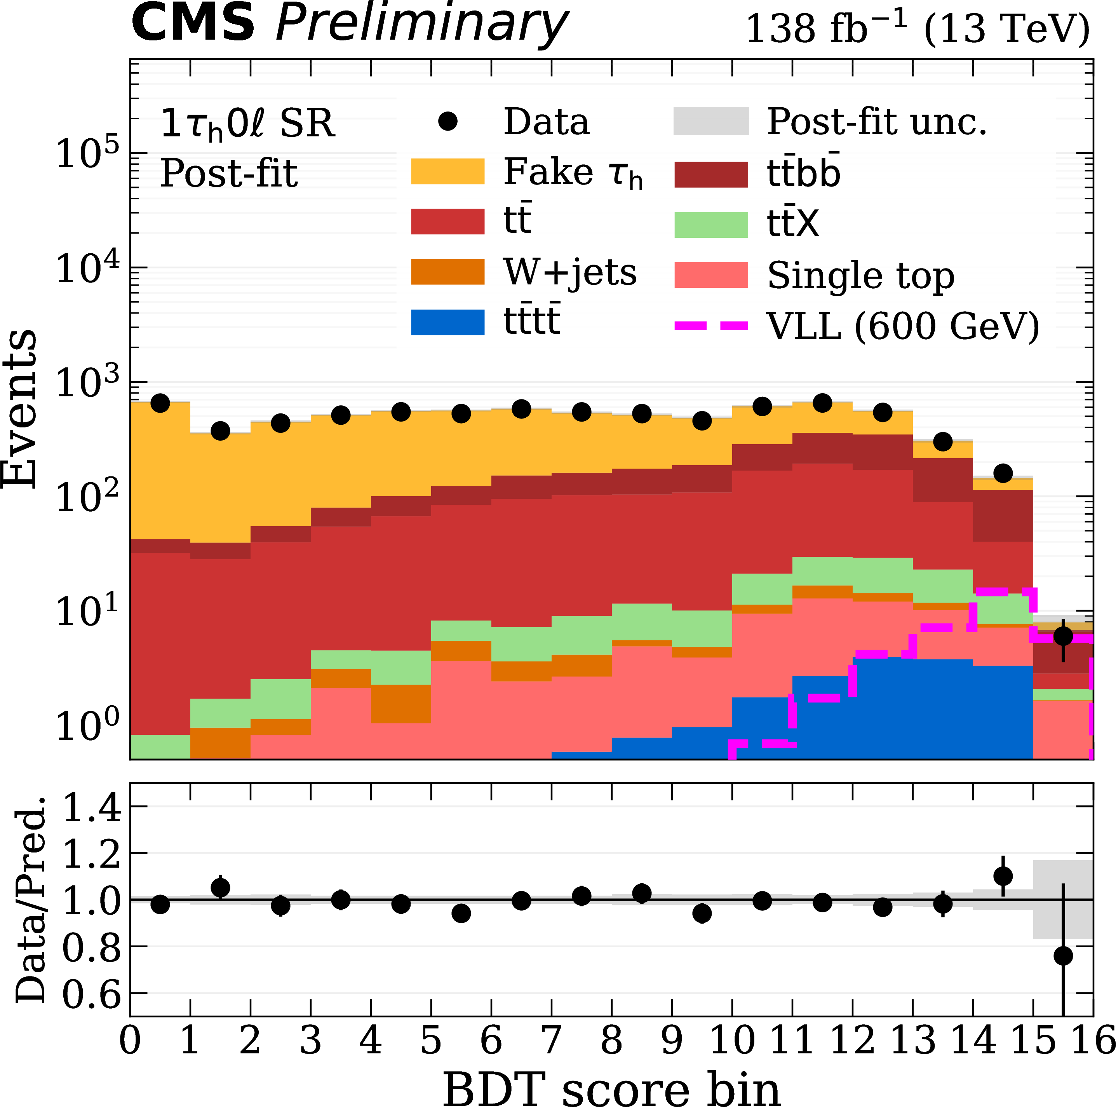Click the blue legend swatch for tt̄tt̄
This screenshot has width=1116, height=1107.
coord(447,322)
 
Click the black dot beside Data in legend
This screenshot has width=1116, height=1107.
coord(447,121)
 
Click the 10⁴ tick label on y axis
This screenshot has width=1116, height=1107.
coord(87,268)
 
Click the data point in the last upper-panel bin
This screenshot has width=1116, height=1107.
coord(1063,636)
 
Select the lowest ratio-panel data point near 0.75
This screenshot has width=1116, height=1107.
coord(1063,955)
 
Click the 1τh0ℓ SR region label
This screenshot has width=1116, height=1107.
coord(247,124)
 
